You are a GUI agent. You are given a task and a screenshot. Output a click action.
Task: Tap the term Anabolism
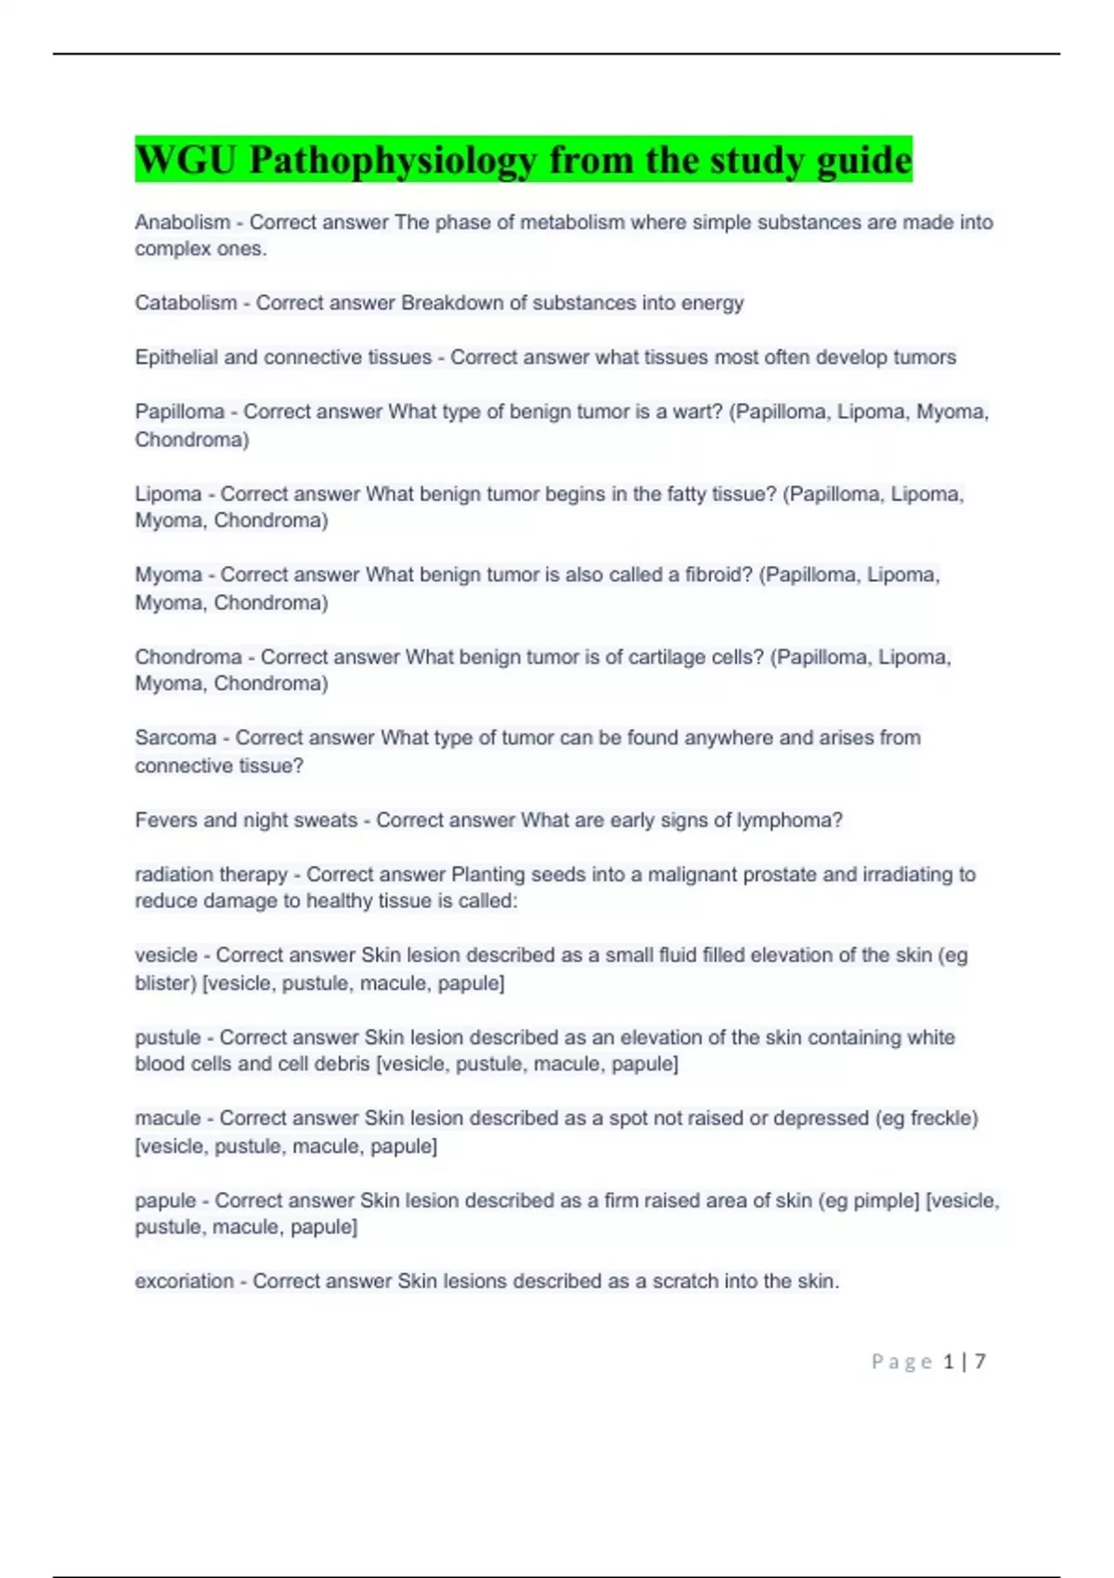(183, 223)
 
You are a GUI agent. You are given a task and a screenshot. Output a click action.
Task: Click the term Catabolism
(186, 304)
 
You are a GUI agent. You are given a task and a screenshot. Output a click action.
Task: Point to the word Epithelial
(176, 357)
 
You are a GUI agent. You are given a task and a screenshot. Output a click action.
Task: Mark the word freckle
(940, 1119)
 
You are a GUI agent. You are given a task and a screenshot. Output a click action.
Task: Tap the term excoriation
(184, 1282)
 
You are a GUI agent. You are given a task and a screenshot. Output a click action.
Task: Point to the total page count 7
(980, 1362)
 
